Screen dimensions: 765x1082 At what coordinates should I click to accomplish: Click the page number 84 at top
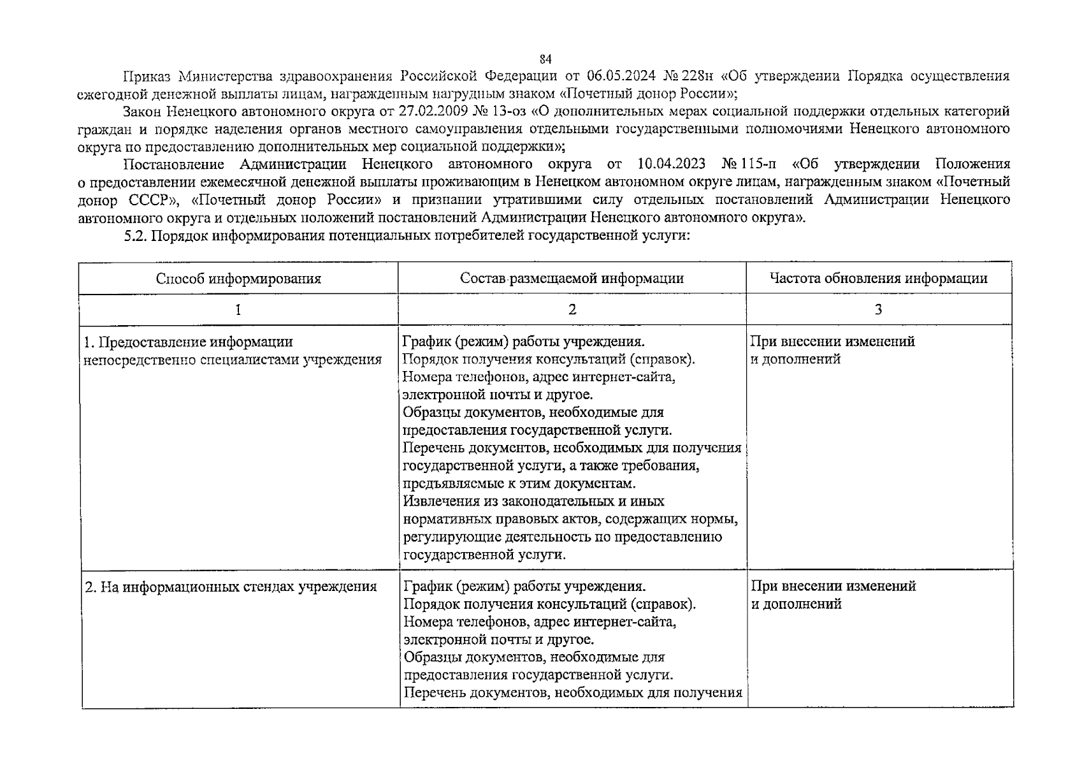(x=545, y=60)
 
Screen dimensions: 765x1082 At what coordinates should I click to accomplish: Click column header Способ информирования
(x=238, y=279)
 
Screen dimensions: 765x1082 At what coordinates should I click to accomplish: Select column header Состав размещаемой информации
(x=572, y=279)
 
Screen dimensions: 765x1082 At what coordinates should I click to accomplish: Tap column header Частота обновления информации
(x=878, y=279)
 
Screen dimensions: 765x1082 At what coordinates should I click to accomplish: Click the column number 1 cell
(x=238, y=310)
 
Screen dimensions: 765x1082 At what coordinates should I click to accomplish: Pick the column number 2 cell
(x=572, y=310)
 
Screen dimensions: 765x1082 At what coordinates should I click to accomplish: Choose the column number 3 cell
(x=878, y=310)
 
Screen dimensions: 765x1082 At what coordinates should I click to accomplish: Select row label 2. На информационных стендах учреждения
(x=231, y=586)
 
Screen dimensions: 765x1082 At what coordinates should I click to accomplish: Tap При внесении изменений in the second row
(x=833, y=586)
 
